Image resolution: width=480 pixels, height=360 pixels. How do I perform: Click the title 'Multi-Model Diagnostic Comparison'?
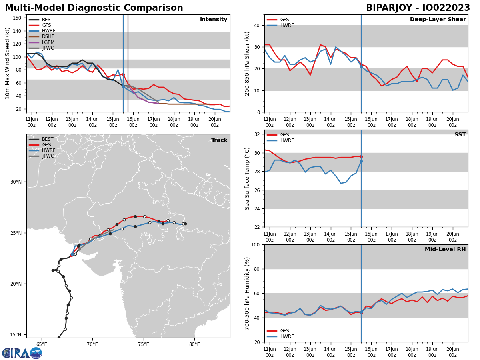click(94, 8)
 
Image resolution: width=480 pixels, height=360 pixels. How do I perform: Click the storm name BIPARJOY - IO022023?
click(418, 8)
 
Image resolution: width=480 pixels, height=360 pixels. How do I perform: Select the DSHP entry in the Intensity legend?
click(48, 36)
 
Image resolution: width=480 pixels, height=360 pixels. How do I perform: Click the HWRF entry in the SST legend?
click(287, 141)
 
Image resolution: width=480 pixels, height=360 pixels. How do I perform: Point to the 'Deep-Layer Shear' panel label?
click(438, 20)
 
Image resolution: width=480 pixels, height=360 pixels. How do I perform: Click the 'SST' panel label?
click(460, 135)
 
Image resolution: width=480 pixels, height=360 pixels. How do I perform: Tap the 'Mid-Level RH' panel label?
click(445, 250)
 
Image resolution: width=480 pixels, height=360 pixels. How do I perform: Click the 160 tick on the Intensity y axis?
click(18, 18)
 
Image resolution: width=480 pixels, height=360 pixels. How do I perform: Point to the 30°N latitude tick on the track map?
click(16, 182)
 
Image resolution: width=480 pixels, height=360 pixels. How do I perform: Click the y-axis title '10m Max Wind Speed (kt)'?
click(8, 63)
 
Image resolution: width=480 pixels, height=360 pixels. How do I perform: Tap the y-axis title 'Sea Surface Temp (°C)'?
click(247, 178)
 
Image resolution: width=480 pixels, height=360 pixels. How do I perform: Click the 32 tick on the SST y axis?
click(257, 134)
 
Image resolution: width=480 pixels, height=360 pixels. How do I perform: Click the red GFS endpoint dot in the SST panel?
click(361, 156)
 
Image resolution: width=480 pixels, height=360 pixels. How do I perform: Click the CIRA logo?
click(22, 353)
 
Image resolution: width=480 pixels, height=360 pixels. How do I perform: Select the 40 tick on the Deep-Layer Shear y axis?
click(257, 26)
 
